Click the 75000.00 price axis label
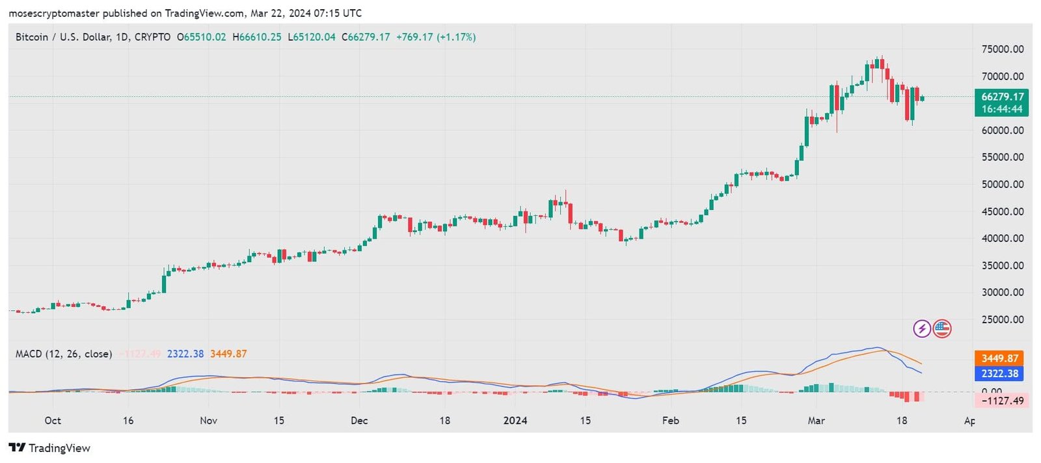[1002, 49]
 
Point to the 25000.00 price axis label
[1002, 319]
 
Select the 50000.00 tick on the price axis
[1002, 184]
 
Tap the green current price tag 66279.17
[1002, 97]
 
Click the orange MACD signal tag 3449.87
[999, 358]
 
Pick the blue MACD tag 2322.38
[999, 373]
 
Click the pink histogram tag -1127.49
[1002, 401]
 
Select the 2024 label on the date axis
[515, 420]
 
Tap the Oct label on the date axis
[53, 420]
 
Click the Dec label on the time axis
[359, 420]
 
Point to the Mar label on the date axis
[816, 420]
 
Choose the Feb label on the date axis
[670, 420]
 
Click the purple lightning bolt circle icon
[922, 328]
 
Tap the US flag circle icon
[942, 328]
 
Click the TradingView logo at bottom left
[49, 447]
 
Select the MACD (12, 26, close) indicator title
[64, 354]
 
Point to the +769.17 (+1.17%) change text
[436, 37]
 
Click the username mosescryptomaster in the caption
[53, 13]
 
